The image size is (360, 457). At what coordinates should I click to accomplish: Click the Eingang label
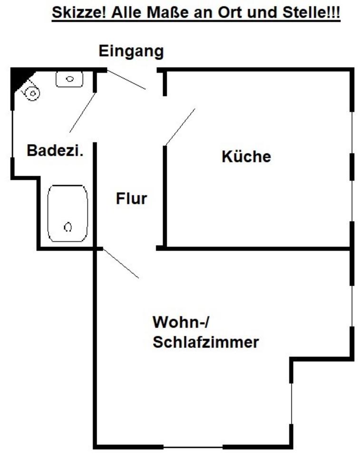pos(131,51)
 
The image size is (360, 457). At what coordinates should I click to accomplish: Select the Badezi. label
pos(55,150)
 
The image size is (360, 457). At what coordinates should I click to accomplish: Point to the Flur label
pos(132,199)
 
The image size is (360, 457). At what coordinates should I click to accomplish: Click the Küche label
pos(246,156)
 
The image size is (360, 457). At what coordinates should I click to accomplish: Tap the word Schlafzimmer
pos(205,342)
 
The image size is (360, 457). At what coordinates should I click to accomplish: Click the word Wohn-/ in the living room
pos(181,322)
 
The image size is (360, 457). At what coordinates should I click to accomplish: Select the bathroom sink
pos(69,79)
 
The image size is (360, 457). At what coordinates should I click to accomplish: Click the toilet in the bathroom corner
pos(31,92)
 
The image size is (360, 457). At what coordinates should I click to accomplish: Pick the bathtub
pos(68,214)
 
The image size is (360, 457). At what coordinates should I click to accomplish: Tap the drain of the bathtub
pos(68,228)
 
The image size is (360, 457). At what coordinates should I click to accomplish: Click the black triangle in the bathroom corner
pos(19,79)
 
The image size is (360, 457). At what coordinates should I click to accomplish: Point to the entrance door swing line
pos(126,79)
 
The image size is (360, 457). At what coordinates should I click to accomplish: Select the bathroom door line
pos(82,113)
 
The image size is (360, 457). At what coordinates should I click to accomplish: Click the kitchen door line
pos(180,126)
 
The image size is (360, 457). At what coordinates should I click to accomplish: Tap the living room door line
pos(121,263)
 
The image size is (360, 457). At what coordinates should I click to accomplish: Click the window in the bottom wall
pos(193,447)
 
